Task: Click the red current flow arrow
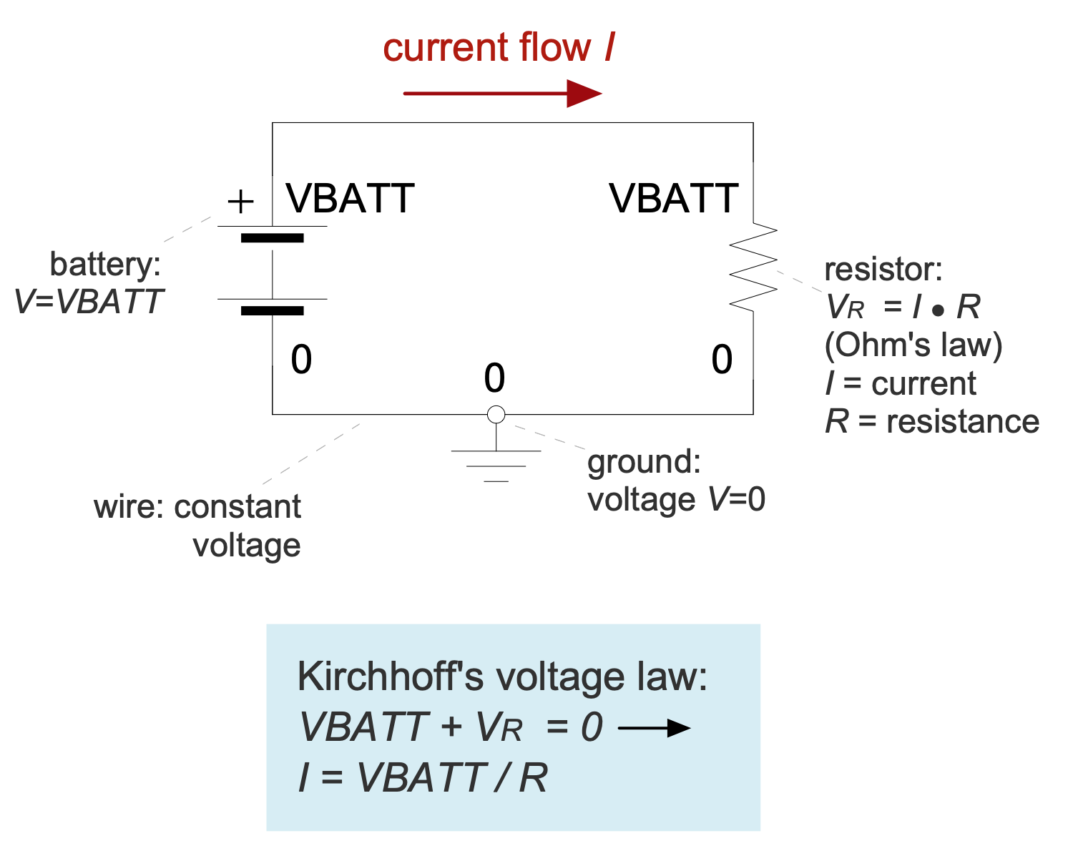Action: point(502,93)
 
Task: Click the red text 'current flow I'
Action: point(499,48)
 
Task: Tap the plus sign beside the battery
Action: point(240,202)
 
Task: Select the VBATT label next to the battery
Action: point(350,199)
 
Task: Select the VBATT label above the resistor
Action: point(673,199)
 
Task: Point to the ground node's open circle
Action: point(496,414)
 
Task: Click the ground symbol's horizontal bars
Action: point(496,465)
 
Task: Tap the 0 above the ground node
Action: point(494,378)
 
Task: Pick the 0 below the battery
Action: point(301,360)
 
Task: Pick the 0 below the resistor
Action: point(722,360)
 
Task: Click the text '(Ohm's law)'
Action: point(913,345)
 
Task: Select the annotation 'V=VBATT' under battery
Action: point(89,302)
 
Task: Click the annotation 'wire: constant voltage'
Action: point(197,526)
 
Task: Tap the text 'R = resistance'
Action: point(932,421)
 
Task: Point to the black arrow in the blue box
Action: point(654,729)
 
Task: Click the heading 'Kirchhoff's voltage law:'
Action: point(502,677)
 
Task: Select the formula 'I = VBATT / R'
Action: point(423,777)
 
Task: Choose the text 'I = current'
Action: point(901,383)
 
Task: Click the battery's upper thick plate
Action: point(273,237)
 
